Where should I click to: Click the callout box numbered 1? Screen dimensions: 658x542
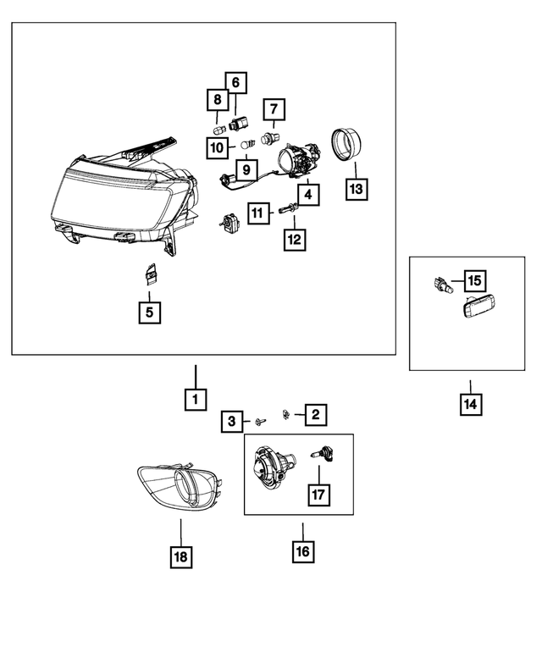(195, 398)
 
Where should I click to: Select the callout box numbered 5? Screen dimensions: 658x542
(148, 312)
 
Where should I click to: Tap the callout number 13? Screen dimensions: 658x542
(357, 189)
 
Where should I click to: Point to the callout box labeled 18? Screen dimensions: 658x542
(181, 556)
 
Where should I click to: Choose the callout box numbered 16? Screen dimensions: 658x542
(302, 552)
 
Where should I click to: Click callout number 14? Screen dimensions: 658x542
(471, 405)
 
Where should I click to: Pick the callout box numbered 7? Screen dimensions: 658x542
(274, 110)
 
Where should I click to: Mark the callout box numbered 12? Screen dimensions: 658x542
(294, 240)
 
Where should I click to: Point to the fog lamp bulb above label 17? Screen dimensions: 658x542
(322, 455)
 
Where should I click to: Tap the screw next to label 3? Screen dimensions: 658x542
(260, 419)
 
